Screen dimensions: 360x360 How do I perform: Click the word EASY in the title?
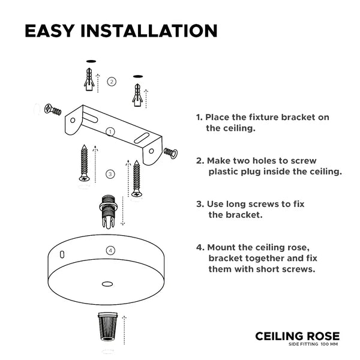tap(50, 31)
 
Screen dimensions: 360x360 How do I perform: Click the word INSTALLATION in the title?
tap(149, 31)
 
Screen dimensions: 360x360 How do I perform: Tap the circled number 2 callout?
tap(112, 82)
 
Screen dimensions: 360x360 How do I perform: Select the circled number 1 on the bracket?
tap(110, 132)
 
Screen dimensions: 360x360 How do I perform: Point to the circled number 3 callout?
tap(110, 174)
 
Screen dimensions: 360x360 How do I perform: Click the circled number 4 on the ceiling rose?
tap(110, 250)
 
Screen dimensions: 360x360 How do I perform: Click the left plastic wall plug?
tap(89, 79)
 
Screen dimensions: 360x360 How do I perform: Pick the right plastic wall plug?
tap(137, 95)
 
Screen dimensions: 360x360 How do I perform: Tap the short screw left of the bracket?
tap(53, 110)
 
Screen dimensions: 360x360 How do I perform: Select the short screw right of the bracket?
tap(170, 153)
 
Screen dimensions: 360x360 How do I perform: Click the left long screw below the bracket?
tap(84, 163)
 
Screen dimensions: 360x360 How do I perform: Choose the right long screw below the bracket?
tap(137, 178)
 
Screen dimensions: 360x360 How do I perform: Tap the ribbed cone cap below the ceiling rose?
tap(107, 326)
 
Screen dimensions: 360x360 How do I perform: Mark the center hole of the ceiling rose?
tap(107, 284)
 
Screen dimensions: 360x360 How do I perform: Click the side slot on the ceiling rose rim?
tap(62, 254)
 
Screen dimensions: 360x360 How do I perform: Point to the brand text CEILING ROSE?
tap(298, 337)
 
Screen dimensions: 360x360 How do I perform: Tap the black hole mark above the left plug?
tap(91, 61)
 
